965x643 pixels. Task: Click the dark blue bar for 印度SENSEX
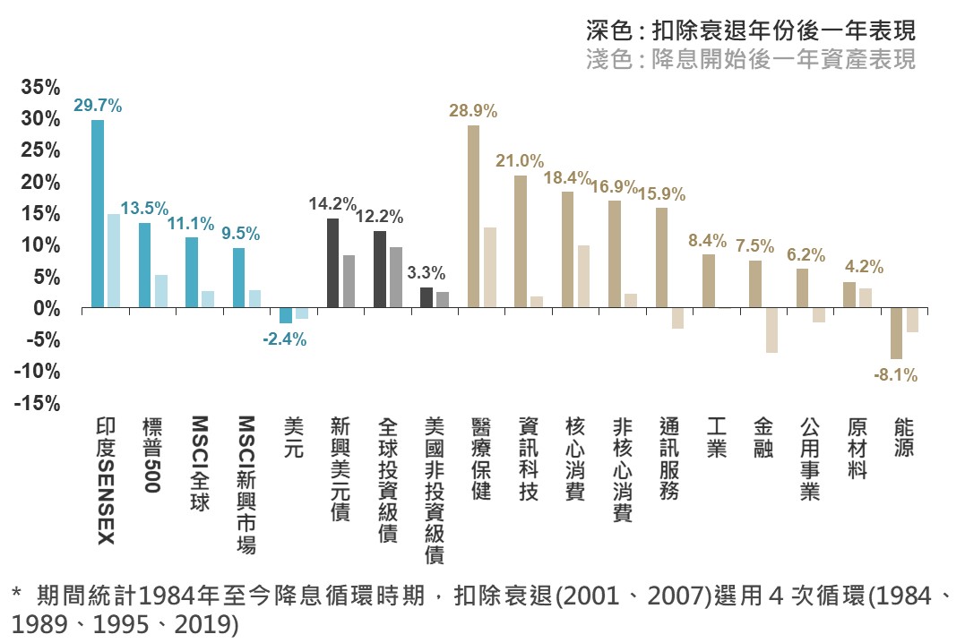[x=98, y=214]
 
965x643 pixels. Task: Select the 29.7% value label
[x=98, y=106]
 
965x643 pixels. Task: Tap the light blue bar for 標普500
[x=161, y=291]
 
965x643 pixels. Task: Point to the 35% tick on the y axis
[x=40, y=88]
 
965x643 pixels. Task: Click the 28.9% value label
[x=473, y=112]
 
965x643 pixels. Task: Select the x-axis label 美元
[x=294, y=438]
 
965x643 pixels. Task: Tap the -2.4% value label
[x=284, y=339]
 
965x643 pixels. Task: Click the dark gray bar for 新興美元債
[x=332, y=263]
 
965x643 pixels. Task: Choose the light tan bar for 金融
[x=771, y=330]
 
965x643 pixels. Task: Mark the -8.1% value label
[x=895, y=376]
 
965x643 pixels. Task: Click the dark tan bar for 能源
[x=896, y=333]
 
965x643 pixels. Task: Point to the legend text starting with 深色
[x=751, y=32]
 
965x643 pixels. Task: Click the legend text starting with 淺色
[x=751, y=60]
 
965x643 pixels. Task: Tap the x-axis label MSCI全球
[x=199, y=463]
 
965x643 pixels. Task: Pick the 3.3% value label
[x=426, y=272]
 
